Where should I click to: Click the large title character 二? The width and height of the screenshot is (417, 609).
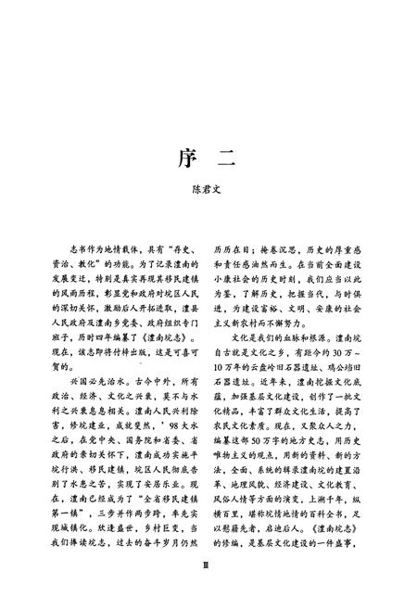[x=227, y=159]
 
